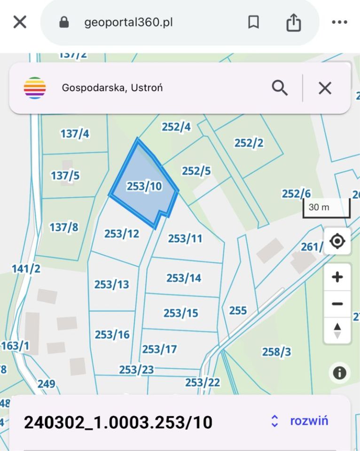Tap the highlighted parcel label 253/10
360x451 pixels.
(144, 187)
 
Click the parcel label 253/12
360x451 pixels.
(122, 233)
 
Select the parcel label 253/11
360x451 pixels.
(185, 239)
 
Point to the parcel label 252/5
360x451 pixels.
(196, 171)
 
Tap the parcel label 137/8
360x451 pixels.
(64, 227)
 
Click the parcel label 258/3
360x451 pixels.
(276, 352)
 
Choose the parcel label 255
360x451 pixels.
(238, 311)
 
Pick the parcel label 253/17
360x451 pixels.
(159, 349)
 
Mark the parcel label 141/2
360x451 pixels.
(26, 269)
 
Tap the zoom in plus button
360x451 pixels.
(337, 277)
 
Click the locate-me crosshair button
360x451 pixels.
(337, 241)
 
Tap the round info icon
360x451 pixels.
(339, 373)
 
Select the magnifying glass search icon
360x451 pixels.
(280, 88)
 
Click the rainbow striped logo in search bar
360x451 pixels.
(35, 88)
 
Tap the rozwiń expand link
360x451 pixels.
(309, 420)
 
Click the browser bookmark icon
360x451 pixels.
(253, 22)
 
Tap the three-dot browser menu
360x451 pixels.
(339, 22)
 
